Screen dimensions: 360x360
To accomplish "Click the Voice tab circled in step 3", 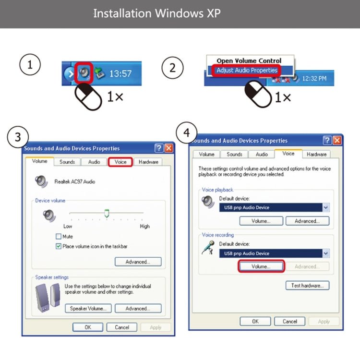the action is [x=120, y=162].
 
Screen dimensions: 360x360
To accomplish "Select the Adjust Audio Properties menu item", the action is [x=247, y=70].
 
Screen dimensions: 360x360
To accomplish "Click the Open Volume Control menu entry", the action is [x=249, y=60].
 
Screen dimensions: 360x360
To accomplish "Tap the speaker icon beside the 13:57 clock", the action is [x=84, y=73].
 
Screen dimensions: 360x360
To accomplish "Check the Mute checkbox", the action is [x=59, y=236].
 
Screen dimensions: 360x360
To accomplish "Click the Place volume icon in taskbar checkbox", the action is [x=59, y=246].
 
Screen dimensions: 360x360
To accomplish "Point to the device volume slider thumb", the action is [x=107, y=213].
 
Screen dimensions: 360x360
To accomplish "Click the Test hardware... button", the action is [x=307, y=286].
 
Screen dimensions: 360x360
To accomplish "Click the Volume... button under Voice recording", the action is [x=261, y=266].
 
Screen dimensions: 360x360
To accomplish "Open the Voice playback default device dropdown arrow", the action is [x=326, y=207].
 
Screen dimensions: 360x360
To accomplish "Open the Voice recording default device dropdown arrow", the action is [x=326, y=253].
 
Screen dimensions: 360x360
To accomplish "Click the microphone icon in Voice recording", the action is [x=208, y=248].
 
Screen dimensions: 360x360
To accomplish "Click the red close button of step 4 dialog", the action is [x=337, y=140].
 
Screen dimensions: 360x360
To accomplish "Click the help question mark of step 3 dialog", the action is [x=159, y=148].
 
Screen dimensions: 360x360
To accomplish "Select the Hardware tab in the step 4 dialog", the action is [x=316, y=154].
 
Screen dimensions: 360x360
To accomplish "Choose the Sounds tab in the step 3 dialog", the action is [x=67, y=162].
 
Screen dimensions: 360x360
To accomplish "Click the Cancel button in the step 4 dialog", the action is [x=289, y=322].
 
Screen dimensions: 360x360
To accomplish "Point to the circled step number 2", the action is [x=172, y=68].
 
